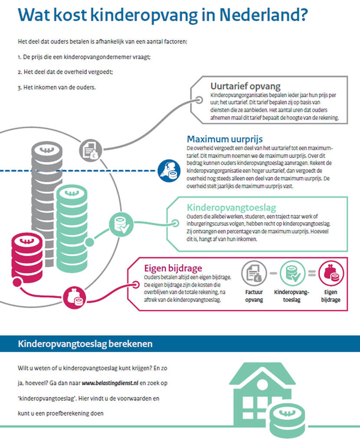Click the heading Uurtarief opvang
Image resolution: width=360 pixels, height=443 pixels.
pos(245,86)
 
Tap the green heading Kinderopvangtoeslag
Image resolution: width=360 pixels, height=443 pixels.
pos(231,207)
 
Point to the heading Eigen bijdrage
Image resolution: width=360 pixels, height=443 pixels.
pos(173,268)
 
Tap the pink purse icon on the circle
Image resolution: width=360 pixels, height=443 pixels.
pos(74,298)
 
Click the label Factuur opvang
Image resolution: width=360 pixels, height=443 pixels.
pos(254,296)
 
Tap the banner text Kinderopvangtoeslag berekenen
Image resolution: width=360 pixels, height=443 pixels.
pos(85,344)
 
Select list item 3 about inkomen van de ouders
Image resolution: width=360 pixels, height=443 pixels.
pos(57,87)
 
